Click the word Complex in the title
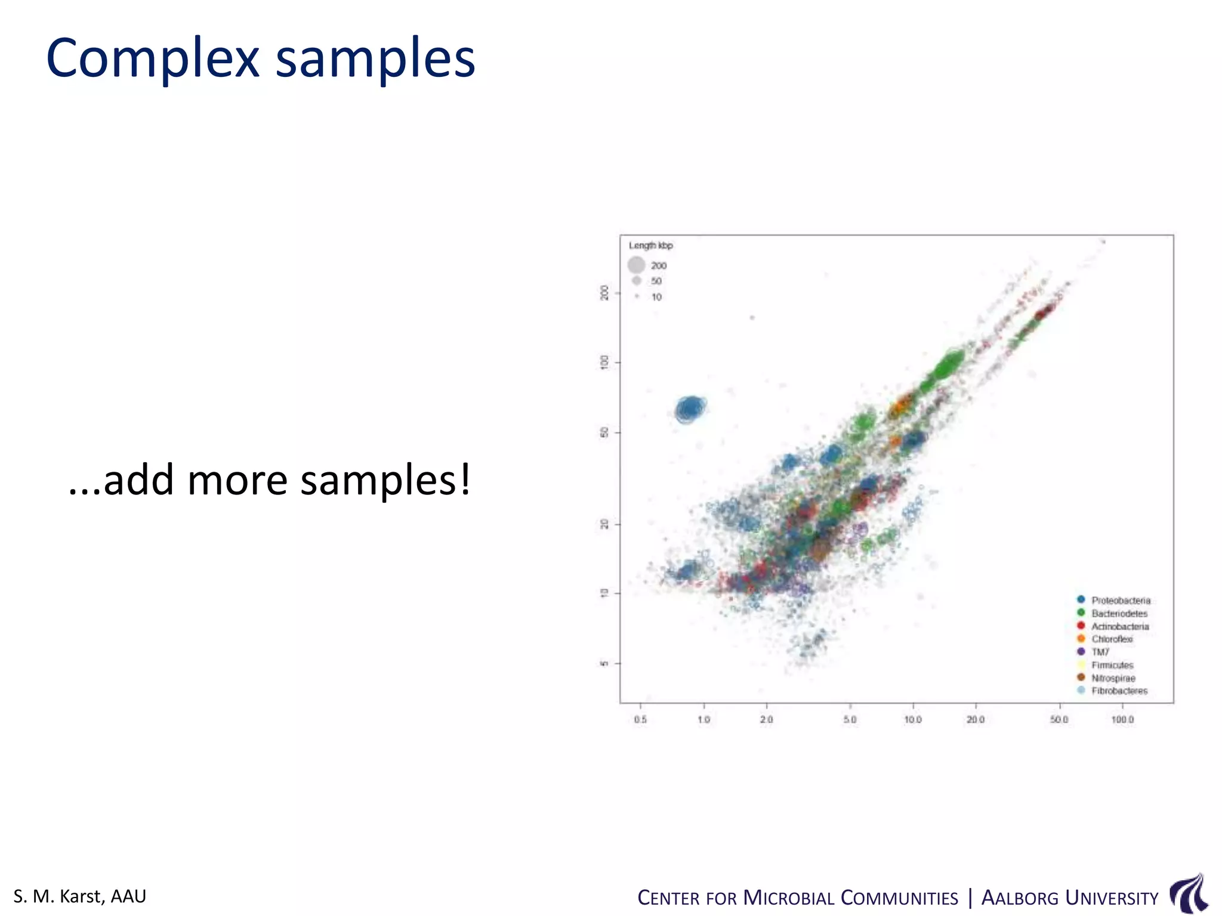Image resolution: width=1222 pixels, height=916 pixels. click(x=153, y=58)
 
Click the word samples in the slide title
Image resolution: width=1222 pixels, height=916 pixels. click(x=375, y=58)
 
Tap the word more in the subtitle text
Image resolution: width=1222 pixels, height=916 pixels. click(x=237, y=480)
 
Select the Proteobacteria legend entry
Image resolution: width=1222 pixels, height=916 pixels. click(x=1120, y=601)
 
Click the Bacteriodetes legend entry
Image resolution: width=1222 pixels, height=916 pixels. click(x=1119, y=614)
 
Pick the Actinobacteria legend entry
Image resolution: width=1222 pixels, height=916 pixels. click(x=1119, y=627)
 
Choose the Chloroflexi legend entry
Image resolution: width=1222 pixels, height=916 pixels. click(x=1112, y=639)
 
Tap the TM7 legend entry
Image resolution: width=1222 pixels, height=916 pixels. click(x=1100, y=652)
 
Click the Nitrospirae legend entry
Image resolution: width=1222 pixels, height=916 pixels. click(x=1113, y=679)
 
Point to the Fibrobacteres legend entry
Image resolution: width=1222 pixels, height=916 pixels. click(x=1119, y=691)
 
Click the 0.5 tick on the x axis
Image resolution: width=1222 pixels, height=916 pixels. click(x=640, y=720)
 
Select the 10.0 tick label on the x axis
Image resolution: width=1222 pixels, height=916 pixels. click(x=913, y=720)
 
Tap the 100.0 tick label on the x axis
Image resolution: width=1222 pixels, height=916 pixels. click(x=1122, y=720)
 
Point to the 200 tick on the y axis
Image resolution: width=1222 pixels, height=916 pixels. click(x=604, y=293)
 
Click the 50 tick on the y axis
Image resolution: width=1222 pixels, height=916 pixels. click(x=604, y=432)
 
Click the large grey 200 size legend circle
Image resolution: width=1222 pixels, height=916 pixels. click(x=637, y=265)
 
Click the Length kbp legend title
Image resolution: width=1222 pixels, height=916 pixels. click(x=650, y=246)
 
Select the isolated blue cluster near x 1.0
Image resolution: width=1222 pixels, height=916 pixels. click(x=690, y=409)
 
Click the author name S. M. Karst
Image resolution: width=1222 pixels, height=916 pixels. click(x=79, y=896)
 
